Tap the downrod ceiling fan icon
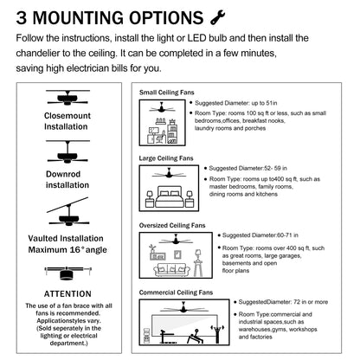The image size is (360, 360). pos(67,154)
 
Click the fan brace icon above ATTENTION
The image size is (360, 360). pos(67,273)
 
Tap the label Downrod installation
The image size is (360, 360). pos(67,179)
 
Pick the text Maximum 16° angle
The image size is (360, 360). pos(67,250)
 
